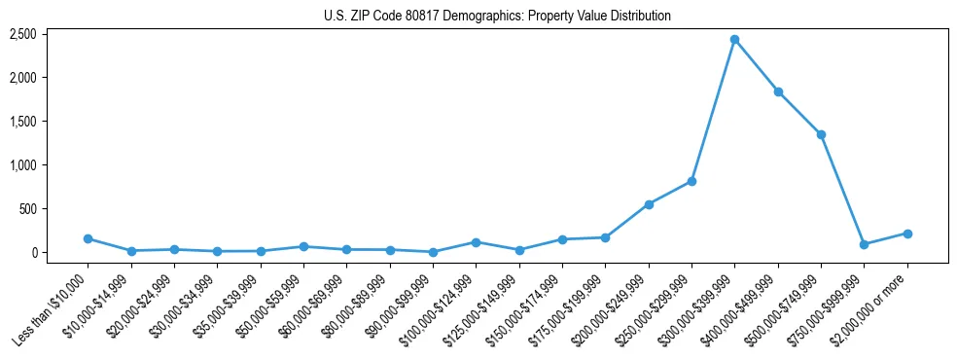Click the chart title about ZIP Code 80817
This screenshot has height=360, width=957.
coord(497,17)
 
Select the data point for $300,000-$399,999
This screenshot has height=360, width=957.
coord(734,40)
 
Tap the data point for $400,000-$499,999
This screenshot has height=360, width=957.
coord(778,92)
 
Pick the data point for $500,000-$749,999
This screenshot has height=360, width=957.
coord(821,134)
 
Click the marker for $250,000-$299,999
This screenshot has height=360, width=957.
coord(691,181)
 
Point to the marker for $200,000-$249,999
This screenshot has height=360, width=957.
coord(649,204)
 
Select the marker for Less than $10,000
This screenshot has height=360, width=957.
coord(89,238)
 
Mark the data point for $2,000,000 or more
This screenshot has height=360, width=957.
coord(907,234)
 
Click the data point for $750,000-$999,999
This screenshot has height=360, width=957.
coord(864,244)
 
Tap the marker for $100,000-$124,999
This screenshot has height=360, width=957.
coord(476,242)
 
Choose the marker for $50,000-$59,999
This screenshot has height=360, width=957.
coord(303,247)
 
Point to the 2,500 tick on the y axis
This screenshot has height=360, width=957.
coord(51,34)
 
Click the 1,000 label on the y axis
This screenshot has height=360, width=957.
coord(51,165)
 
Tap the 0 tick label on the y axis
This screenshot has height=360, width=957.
coord(60,253)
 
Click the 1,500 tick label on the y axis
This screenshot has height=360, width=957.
coord(51,122)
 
